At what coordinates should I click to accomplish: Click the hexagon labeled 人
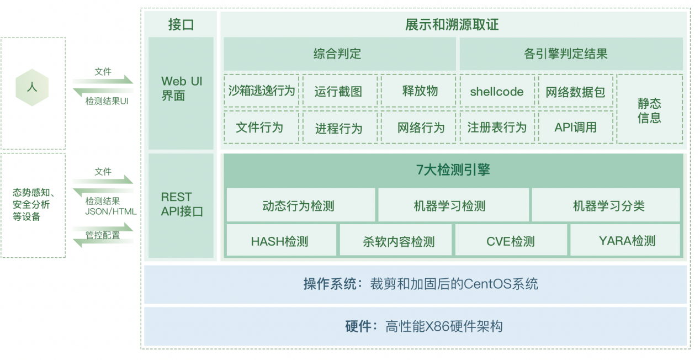(32, 87)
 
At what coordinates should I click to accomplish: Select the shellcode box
(497, 91)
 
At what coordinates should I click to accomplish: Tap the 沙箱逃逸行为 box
(262, 91)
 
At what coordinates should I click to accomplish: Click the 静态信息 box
(649, 109)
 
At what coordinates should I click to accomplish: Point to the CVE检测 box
(511, 240)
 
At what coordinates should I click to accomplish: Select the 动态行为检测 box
(301, 205)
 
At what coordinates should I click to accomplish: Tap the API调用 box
(576, 127)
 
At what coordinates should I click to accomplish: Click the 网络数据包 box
(576, 91)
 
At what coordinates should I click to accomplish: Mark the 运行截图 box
(340, 91)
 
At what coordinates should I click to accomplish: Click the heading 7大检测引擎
(453, 170)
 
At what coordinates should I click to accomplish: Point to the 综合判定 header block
(340, 54)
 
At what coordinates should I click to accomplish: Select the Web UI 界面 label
(182, 88)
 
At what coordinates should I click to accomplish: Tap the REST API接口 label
(182, 204)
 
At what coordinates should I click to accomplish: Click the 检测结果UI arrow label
(107, 101)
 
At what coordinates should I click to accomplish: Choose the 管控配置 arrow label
(103, 235)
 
